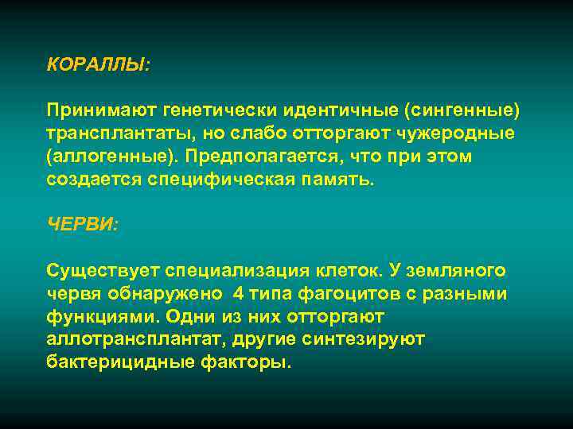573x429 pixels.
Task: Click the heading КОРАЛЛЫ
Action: (96, 64)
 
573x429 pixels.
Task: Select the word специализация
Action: (244, 270)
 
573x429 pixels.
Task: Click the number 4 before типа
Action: (239, 293)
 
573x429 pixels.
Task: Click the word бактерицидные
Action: (121, 363)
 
